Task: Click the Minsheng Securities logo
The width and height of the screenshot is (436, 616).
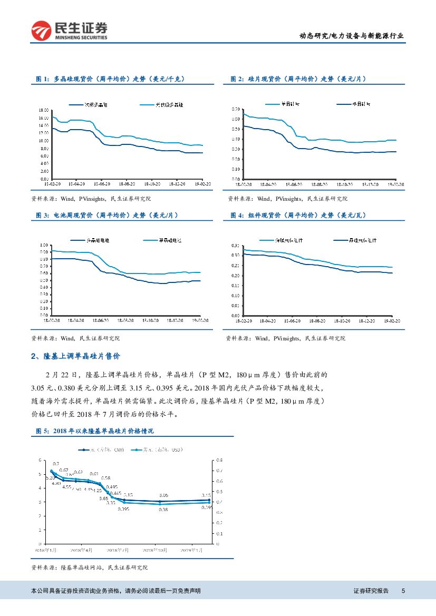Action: point(69,31)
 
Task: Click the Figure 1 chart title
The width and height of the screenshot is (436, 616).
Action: point(110,79)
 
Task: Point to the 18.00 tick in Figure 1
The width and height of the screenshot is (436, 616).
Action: point(44,110)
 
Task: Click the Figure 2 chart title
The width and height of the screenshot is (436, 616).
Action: point(298,79)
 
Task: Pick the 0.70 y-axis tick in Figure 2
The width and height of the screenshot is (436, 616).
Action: point(236,109)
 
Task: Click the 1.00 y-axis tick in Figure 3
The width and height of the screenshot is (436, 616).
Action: point(44,246)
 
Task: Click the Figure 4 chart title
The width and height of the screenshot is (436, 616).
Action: point(298,215)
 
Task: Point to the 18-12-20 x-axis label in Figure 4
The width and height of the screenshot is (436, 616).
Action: point(367,320)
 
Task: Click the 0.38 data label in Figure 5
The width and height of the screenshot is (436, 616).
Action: point(163,510)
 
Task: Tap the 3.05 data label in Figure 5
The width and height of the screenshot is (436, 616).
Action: point(163,495)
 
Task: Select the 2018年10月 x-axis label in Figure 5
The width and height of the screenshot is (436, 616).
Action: point(156,550)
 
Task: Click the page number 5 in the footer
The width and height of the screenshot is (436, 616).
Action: point(403,591)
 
